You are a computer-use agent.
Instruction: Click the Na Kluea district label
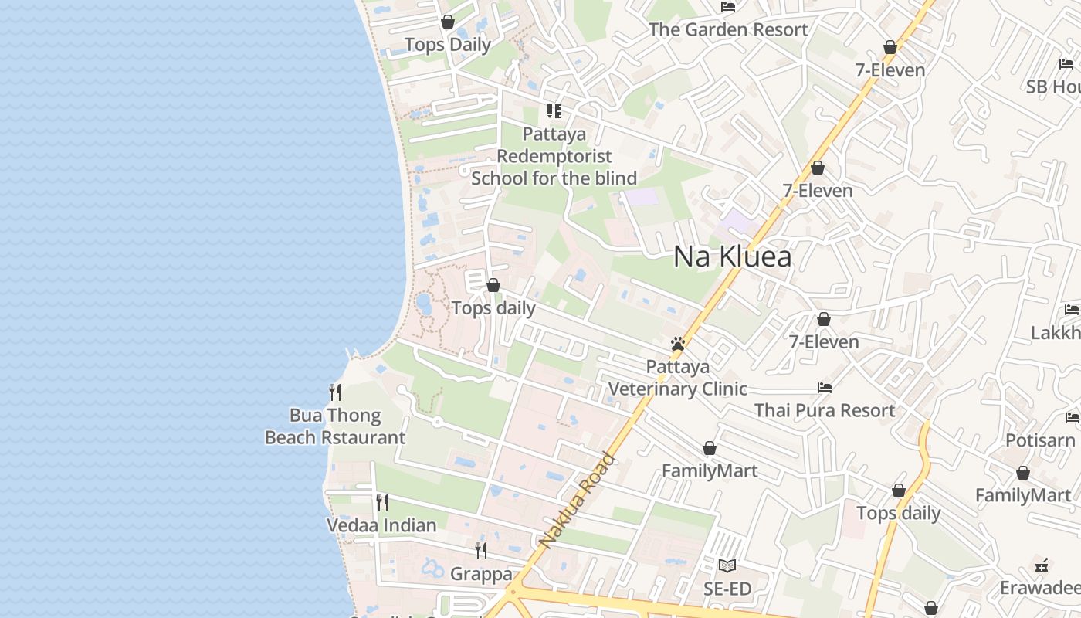coord(732,256)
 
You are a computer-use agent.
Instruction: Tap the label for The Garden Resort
coord(728,30)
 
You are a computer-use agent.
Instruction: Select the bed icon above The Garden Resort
coord(727,7)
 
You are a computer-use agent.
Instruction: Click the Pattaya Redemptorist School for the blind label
coord(554,156)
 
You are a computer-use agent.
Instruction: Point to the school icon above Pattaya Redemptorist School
coord(554,111)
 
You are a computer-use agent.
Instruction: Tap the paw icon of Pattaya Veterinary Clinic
coord(678,344)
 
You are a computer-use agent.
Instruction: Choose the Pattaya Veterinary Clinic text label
coord(677,377)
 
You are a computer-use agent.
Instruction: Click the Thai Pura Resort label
coord(825,410)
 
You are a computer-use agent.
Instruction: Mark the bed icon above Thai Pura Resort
coord(825,387)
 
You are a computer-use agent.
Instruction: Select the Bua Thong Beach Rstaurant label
coord(335,426)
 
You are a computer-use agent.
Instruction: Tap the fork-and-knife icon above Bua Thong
coord(335,392)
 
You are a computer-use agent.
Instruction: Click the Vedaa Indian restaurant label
coord(381,525)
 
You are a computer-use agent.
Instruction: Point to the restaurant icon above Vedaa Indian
coord(381,503)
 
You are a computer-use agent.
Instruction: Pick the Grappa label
coord(481,574)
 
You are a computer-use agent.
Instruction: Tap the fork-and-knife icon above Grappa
coord(481,551)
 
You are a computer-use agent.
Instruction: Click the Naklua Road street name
coord(578,501)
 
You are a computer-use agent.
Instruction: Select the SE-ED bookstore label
coord(727,589)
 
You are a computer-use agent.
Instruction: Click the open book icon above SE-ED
coord(727,565)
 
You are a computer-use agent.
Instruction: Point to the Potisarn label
coord(1040,440)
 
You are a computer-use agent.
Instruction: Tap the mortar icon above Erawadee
coord(1042,565)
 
